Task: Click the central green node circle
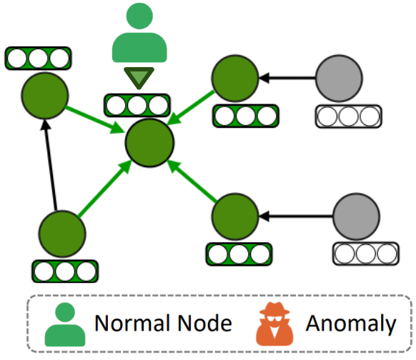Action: pos(149,143)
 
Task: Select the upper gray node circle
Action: pos(339,78)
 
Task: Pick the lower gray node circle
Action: pos(356,216)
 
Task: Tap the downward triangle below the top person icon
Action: pos(139,78)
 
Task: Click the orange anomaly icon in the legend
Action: pos(274,324)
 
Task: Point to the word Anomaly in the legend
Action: pos(351,324)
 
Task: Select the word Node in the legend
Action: pos(205,323)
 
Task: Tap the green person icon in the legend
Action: pos(65,324)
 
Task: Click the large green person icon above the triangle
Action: pos(139,33)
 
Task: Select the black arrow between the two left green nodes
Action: pos(51,165)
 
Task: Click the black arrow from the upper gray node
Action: pos(287,78)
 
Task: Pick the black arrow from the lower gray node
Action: pos(295,216)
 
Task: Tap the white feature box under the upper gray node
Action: pos(349,116)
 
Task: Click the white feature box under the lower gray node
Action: pos(366,254)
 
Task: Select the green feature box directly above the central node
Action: pos(137,105)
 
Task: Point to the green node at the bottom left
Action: pos(62,234)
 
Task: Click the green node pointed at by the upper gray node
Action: pos(235,78)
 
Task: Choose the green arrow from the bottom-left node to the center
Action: pos(105,188)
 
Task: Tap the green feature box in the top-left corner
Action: pos(38,59)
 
